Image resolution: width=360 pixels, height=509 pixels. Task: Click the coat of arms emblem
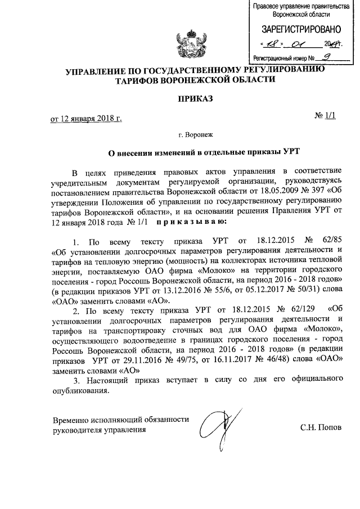click(x=188, y=47)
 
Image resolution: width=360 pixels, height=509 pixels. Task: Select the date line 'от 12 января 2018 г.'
click(x=85, y=119)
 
